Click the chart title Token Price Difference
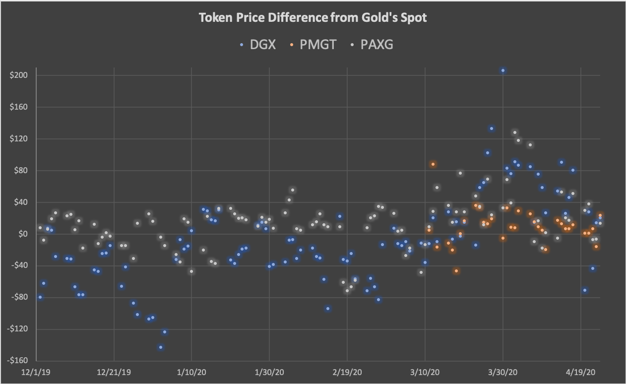coord(313,18)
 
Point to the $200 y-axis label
coord(18,75)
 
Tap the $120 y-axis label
coord(18,139)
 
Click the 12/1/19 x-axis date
coord(36,372)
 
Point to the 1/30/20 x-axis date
coord(269,372)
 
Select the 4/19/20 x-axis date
coord(581,372)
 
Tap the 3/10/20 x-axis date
coord(425,372)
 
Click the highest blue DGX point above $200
coord(502,70)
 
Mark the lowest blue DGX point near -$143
coord(160,347)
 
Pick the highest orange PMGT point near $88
coord(433,164)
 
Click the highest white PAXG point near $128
coord(514,132)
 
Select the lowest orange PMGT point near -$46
coord(456,271)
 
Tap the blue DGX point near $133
coord(491,128)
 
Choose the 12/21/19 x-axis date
coord(114,372)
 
